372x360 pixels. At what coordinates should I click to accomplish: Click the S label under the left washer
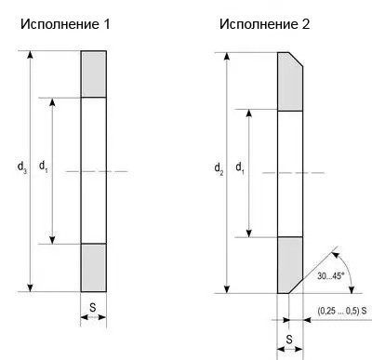(93, 304)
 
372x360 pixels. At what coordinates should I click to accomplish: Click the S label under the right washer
(289, 339)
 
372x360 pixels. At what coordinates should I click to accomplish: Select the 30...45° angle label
(330, 276)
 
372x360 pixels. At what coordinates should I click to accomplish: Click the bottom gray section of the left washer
(93, 266)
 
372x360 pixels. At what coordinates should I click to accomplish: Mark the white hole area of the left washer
(93, 169)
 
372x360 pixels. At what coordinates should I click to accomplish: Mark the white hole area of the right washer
(290, 173)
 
